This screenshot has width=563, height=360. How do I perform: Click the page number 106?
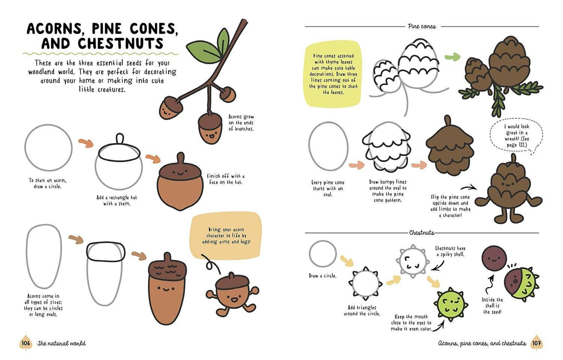[26, 343]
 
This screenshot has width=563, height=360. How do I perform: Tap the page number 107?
[537, 343]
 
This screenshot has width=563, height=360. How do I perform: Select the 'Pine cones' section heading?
[422, 26]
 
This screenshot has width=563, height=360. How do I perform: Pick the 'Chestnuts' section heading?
[422, 233]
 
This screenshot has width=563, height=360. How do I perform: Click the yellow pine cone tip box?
[333, 74]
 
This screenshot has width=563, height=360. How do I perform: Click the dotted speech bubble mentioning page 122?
[516, 136]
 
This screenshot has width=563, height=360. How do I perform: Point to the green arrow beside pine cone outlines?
[452, 57]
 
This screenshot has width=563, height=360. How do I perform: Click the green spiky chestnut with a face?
[450, 303]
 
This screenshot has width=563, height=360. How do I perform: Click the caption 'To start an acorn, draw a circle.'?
[48, 183]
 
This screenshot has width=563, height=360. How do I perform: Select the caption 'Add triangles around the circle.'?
[362, 311]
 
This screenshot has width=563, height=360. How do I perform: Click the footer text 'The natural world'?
[62, 343]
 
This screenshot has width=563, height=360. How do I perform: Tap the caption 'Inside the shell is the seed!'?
[492, 305]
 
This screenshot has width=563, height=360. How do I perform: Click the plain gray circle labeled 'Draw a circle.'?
[323, 254]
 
